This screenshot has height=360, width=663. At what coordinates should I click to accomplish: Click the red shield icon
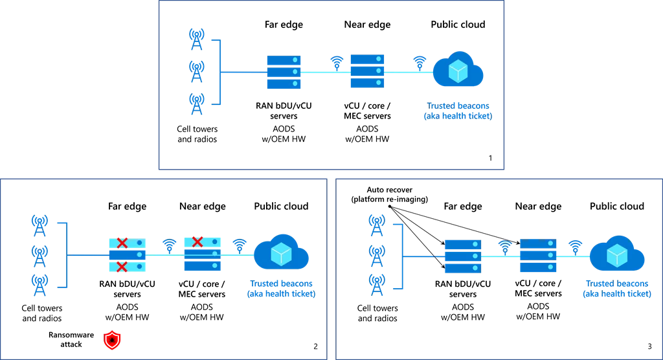pos(113,339)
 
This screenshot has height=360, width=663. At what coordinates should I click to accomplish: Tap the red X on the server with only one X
pos(197,242)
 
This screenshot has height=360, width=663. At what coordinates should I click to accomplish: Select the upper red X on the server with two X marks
pos(122,243)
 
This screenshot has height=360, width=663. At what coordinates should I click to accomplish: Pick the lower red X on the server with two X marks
pos(122,266)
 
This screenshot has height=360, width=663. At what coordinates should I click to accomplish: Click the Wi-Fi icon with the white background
pos(505,246)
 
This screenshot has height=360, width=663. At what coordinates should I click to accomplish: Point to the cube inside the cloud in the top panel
pos(458,71)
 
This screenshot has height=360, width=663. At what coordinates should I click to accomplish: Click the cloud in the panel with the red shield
pos(281,253)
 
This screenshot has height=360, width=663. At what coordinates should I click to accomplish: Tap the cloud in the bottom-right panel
pos(617,253)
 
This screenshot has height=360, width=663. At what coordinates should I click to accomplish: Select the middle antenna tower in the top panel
pos(196,69)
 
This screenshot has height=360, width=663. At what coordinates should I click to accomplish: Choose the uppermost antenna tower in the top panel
pos(196,37)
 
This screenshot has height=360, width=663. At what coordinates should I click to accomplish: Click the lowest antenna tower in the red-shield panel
pos(40,285)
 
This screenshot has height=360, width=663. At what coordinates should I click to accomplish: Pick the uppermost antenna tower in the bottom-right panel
pos(376,224)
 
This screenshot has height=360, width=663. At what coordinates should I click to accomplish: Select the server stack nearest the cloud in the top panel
pos(367,71)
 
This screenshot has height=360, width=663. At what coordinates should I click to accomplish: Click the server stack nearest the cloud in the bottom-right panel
pos(538,256)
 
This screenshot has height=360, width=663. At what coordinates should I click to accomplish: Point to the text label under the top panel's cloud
pos(456,111)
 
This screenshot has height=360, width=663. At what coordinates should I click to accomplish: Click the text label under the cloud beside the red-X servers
pos(281,289)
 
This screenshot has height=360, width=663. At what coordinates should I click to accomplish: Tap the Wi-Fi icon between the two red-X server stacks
pos(169,245)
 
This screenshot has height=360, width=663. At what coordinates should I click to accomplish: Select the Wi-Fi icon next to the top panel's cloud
pos(420,62)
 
